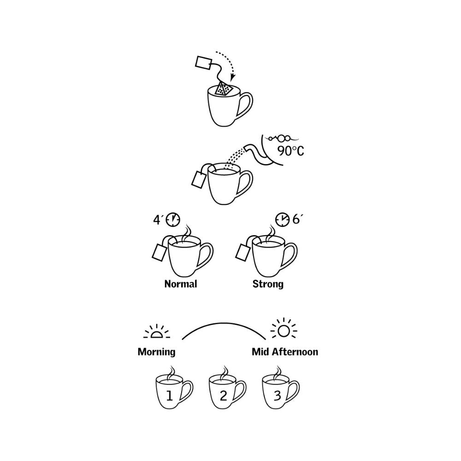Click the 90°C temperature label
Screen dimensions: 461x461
coord(290,151)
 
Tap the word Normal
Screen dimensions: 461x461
coord(181,284)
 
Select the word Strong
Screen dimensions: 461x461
coord(268,284)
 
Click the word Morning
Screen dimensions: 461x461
coord(156,352)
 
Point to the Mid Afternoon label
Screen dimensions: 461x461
coord(285,352)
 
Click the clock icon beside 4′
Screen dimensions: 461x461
coord(172,219)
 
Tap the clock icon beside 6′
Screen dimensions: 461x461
coord(282,219)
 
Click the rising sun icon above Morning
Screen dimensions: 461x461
coord(156,332)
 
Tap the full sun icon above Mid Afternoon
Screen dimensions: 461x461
coord(284,331)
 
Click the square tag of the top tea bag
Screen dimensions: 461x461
coord(203,63)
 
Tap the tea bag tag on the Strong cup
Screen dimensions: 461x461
coord(243,252)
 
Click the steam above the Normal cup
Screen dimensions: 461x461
coord(186,234)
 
